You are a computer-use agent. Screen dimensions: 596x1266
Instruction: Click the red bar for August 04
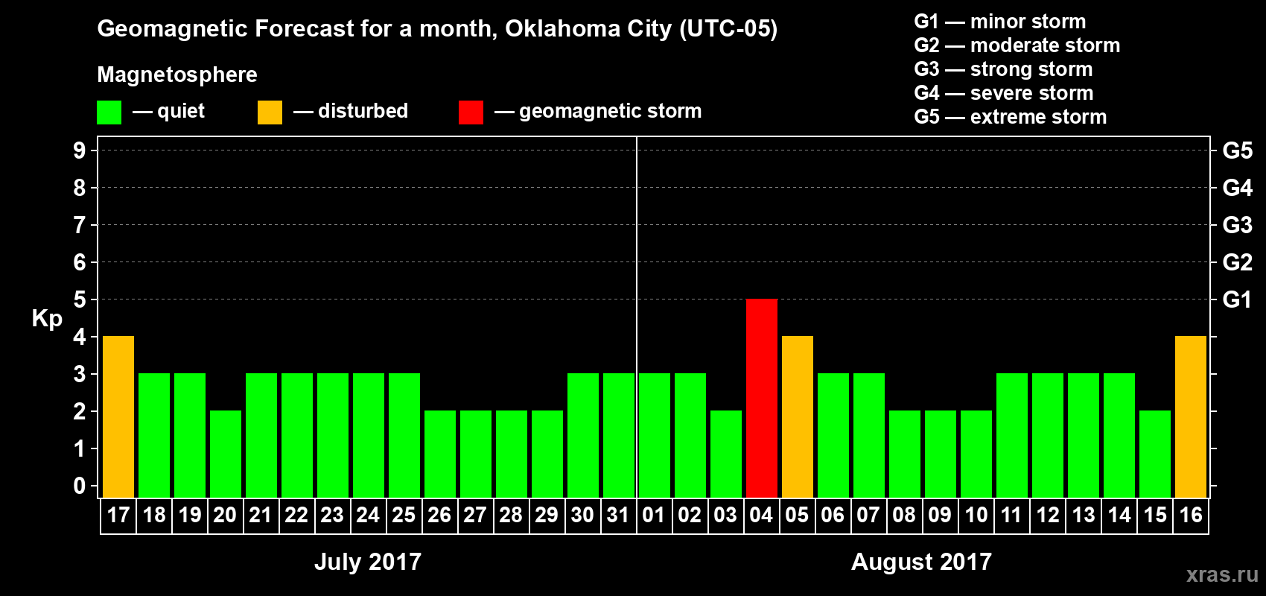761,398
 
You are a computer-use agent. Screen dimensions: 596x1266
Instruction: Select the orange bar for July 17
118,416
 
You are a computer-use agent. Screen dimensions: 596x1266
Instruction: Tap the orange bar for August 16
1190,416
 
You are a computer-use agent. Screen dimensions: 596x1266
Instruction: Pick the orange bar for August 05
797,416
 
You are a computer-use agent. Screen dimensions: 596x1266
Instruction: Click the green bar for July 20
226,454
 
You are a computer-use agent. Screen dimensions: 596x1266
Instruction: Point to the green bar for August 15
1154,454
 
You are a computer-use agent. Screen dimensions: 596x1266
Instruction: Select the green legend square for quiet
109,112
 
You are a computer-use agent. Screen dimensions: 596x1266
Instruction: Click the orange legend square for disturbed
270,112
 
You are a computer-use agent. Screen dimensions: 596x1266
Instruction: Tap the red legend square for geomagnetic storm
471,112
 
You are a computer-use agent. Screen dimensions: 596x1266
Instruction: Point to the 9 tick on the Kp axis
80,150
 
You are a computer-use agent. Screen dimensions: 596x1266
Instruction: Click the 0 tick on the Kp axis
80,486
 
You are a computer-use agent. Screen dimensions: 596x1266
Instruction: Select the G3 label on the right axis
1237,225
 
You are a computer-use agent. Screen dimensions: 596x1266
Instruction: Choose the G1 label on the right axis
1237,299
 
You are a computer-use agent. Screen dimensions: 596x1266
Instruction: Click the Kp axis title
47,319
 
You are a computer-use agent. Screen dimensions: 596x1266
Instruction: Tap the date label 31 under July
618,516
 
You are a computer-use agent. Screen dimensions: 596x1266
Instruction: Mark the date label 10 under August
976,516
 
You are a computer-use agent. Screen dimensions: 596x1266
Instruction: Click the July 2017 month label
368,562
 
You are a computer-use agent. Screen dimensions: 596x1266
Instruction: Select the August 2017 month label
921,562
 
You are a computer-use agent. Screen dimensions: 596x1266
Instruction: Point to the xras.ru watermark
1222,574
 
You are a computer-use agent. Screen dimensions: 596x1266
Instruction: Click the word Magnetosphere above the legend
177,74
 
